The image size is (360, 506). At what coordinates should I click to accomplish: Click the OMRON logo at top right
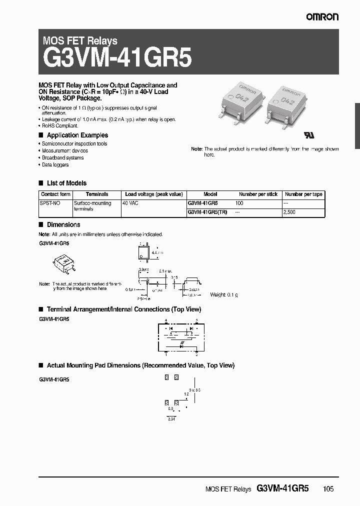pyautogui.click(x=322, y=17)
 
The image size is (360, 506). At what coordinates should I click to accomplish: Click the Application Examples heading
pyautogui.click(x=77, y=135)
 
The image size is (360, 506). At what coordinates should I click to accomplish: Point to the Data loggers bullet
pyautogui.click(x=55, y=164)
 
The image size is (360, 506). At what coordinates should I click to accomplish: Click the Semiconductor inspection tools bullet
pyautogui.click(x=74, y=143)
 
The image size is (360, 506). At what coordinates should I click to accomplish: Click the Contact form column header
pyautogui.click(x=55, y=194)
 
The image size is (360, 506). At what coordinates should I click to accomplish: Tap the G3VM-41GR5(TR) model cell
pyautogui.click(x=206, y=212)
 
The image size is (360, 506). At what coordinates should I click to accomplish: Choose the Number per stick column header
pyautogui.click(x=258, y=194)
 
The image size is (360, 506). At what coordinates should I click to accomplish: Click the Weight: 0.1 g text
pyautogui.click(x=223, y=295)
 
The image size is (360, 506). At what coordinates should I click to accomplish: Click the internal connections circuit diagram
pyautogui.click(x=181, y=336)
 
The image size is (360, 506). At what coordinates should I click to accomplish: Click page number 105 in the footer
pyautogui.click(x=328, y=489)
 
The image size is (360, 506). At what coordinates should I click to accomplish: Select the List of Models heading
pyautogui.click(x=66, y=183)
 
